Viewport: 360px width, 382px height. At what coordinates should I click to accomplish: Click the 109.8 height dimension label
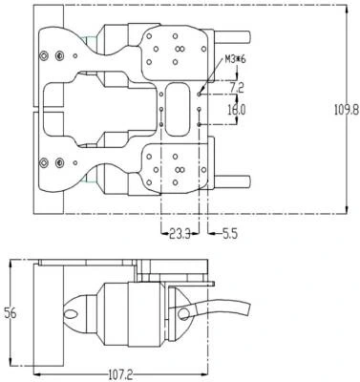(x=347, y=110)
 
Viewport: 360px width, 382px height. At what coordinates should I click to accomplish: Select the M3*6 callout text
(x=236, y=59)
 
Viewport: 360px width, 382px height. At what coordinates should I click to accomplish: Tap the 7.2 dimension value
(x=237, y=88)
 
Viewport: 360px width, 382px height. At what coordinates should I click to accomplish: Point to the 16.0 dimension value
(x=237, y=110)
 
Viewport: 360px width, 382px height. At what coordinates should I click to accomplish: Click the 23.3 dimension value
(x=180, y=235)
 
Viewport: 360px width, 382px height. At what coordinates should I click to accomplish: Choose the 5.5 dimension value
(x=230, y=234)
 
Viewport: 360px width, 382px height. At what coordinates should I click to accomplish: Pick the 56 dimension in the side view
(x=10, y=313)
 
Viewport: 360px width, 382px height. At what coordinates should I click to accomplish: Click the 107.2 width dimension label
(x=121, y=374)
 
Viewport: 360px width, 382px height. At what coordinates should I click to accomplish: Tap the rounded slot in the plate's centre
(x=177, y=109)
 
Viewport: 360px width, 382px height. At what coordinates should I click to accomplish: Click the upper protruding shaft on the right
(x=233, y=37)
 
